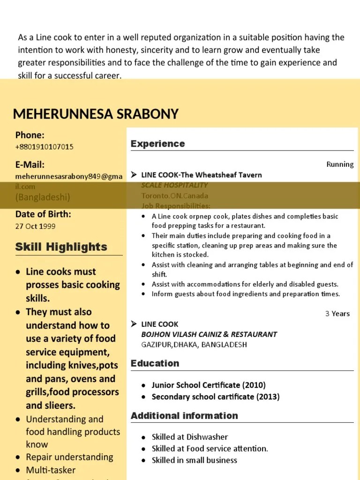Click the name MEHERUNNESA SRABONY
click(x=96, y=114)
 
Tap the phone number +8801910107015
click(x=45, y=147)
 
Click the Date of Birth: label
click(x=43, y=214)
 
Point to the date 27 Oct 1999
click(x=35, y=226)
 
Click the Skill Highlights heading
click(x=61, y=247)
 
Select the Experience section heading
click(x=157, y=143)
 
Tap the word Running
click(x=340, y=164)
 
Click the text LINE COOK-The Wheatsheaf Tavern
click(x=202, y=175)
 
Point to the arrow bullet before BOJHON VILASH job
click(x=134, y=324)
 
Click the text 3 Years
click(x=337, y=314)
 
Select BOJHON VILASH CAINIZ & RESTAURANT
click(x=209, y=334)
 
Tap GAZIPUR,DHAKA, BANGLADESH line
click(x=194, y=345)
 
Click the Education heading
click(x=155, y=363)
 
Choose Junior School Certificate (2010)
click(x=209, y=385)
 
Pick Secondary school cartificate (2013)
click(x=216, y=397)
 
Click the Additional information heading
click(x=184, y=416)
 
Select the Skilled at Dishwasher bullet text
click(x=190, y=437)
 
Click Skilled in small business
click(x=195, y=460)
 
